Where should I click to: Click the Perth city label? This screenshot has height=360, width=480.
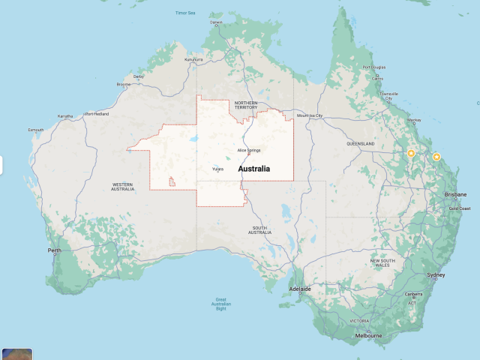click(54, 250)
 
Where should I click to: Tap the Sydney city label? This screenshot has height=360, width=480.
click(436, 275)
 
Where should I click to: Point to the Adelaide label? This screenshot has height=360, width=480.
click(301, 288)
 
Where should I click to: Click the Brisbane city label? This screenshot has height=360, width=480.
click(455, 194)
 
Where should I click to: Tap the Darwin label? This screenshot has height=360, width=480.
click(217, 22)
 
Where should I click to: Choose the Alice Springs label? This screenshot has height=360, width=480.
click(249, 150)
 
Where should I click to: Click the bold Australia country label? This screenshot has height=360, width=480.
click(253, 169)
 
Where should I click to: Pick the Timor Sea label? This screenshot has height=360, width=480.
click(184, 13)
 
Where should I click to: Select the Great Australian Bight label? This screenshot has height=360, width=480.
click(220, 303)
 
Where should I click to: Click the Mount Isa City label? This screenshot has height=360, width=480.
click(310, 115)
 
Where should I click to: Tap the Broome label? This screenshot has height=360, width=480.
click(123, 84)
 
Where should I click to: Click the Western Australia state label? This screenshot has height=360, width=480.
click(122, 185)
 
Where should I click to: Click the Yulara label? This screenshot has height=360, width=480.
click(218, 169)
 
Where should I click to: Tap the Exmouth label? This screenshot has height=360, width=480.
click(36, 130)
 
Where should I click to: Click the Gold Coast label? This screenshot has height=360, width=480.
click(460, 208)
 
